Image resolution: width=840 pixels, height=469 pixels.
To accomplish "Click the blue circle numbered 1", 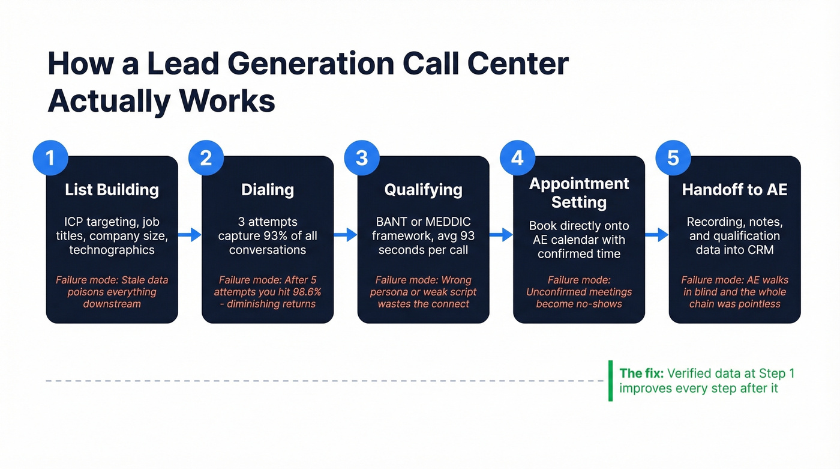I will [x=50, y=158].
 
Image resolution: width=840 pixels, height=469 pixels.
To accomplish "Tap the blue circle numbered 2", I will [x=206, y=158].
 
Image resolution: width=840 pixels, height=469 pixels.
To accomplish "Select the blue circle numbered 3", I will [x=362, y=158].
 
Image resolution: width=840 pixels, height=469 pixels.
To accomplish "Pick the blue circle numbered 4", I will [x=517, y=158].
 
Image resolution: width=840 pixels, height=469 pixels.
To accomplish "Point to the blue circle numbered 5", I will [x=673, y=158].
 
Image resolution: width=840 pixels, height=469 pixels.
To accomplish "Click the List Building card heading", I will [x=112, y=190].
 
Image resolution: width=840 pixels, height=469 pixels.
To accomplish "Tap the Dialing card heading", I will [x=267, y=190].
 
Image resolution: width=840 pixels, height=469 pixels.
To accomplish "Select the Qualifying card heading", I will [x=423, y=190].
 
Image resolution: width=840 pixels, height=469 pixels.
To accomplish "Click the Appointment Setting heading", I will [x=579, y=192].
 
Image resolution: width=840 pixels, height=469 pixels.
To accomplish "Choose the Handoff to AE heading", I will [x=734, y=190].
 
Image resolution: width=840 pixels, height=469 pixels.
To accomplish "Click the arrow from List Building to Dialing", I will [x=190, y=235].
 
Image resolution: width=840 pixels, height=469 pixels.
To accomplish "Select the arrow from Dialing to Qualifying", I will [x=346, y=235].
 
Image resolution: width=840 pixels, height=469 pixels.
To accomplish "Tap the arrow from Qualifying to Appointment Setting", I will [x=502, y=235].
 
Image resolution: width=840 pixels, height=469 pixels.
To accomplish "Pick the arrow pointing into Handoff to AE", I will [x=657, y=235].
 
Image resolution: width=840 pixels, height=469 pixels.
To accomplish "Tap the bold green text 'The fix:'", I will [x=641, y=374].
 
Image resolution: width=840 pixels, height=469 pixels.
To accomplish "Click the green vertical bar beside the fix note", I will [x=611, y=381].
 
